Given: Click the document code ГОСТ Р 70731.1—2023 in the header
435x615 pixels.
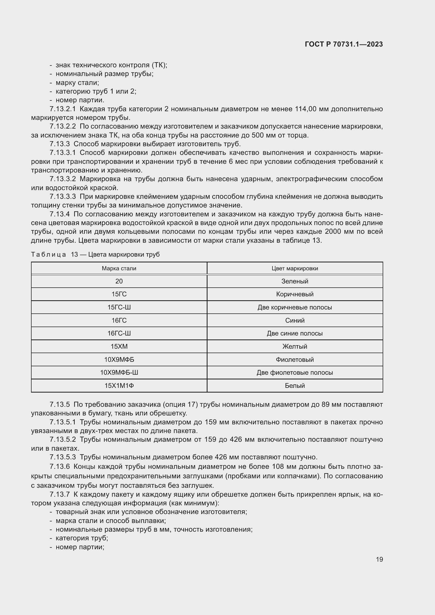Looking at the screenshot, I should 344,44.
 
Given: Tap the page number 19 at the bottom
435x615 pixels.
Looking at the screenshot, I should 379,559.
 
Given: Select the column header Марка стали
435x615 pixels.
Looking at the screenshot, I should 119,268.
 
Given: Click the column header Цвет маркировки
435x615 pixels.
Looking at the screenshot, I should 295,268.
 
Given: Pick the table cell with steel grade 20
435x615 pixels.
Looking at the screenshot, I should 119,281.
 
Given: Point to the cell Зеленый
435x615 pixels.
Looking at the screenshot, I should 295,281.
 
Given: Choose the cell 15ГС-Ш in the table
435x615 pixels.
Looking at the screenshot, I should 119,307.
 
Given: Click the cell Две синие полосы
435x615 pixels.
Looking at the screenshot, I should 295,333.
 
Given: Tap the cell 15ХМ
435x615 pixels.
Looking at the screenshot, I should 119,346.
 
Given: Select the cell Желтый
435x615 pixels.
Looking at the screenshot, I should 295,346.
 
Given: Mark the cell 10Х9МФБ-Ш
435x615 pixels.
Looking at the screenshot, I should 119,373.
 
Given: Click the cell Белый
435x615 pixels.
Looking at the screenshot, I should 295,386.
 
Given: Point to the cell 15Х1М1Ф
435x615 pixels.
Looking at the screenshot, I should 119,386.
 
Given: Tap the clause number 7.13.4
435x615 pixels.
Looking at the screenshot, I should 59,214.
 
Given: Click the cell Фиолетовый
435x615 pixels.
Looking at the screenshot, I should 295,359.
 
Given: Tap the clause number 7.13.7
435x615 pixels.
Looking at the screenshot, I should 59,495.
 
